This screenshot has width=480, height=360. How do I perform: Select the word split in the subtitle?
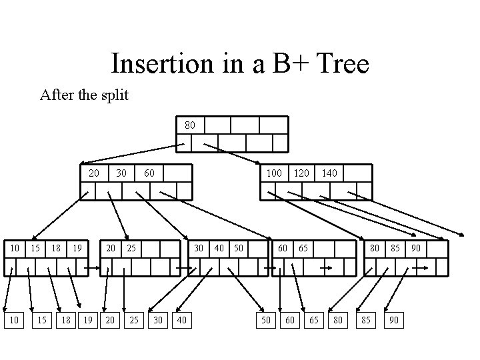pyautogui.click(x=114, y=95)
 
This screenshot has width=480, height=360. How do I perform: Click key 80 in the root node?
pyautogui.click(x=190, y=125)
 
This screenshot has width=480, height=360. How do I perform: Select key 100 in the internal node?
pyautogui.click(x=274, y=173)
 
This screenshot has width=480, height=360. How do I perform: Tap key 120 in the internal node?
pyautogui.click(x=301, y=173)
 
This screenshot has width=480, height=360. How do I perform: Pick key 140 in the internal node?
pyautogui.click(x=329, y=173)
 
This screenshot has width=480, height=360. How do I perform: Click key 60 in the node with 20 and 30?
pyautogui.click(x=149, y=173)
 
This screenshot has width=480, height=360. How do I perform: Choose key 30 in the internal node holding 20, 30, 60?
pyautogui.click(x=121, y=173)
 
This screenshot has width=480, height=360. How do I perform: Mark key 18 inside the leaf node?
pyautogui.click(x=57, y=248)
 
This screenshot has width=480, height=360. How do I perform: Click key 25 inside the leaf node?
pyautogui.click(x=132, y=248)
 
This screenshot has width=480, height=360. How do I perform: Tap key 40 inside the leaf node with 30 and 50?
pyautogui.click(x=218, y=248)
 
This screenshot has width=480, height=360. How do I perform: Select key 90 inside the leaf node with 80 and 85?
pyautogui.click(x=415, y=248)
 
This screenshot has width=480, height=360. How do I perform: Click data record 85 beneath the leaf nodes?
pyautogui.click(x=366, y=321)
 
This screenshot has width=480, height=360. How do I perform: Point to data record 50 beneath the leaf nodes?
pyautogui.click(x=265, y=321)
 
